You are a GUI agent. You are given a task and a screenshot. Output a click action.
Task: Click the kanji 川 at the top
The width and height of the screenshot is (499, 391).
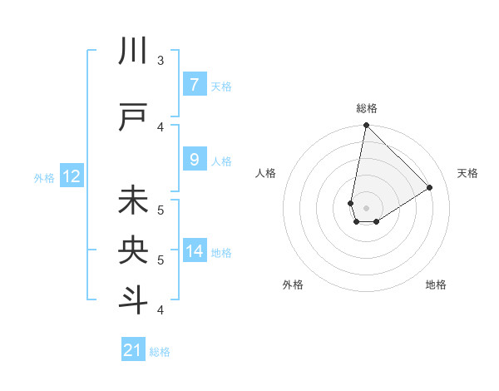click(x=134, y=51)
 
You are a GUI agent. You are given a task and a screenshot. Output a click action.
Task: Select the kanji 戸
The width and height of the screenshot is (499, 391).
click(x=134, y=117)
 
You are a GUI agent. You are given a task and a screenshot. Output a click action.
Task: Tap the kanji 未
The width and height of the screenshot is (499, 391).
click(x=134, y=200)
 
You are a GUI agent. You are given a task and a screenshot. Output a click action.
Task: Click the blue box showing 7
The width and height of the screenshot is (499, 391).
click(x=195, y=85)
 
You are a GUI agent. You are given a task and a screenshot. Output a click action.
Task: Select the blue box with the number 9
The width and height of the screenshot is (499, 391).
click(x=195, y=160)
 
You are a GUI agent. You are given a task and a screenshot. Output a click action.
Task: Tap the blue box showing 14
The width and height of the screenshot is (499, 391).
click(x=195, y=251)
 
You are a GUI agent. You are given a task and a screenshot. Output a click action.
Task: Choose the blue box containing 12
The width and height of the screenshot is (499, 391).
click(x=72, y=176)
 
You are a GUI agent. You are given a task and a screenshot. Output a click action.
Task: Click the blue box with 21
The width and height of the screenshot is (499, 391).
click(x=133, y=350)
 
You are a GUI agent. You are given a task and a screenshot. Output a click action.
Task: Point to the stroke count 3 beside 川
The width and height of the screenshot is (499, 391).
click(x=161, y=61)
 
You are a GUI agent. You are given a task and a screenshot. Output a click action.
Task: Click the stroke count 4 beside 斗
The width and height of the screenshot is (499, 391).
click(x=161, y=310)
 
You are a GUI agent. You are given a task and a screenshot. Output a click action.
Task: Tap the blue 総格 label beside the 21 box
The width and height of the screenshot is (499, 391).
click(x=160, y=352)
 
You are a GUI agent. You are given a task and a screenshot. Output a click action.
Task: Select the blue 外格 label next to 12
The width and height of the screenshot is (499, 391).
click(x=44, y=177)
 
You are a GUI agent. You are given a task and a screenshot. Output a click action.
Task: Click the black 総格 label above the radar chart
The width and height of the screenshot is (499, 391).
click(x=366, y=108)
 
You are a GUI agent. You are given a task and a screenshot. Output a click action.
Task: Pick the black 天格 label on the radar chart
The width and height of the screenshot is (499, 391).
click(x=467, y=173)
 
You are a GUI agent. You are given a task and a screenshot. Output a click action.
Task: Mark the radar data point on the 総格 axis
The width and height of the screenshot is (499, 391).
click(x=366, y=126)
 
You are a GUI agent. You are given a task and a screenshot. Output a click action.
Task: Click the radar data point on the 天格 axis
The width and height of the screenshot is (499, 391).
click(x=430, y=187)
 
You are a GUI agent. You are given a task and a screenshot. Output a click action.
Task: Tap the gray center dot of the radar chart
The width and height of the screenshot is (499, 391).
click(x=366, y=208)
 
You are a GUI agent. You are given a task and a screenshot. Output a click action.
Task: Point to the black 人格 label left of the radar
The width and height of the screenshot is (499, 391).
click(x=265, y=173)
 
